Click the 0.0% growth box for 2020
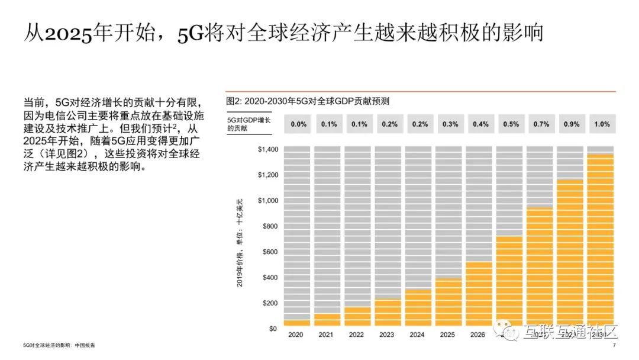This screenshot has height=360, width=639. pyautogui.click(x=298, y=124)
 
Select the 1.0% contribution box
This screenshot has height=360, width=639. pyautogui.click(x=602, y=124)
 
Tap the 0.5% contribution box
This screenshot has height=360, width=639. pyautogui.click(x=511, y=124)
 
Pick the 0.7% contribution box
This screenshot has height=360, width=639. pyautogui.click(x=541, y=124)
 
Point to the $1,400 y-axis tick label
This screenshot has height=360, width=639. pyautogui.click(x=267, y=150)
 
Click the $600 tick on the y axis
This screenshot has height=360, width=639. pyautogui.click(x=269, y=252)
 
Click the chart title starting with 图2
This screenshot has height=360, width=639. pyautogui.click(x=308, y=101)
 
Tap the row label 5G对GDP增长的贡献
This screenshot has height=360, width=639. pyautogui.click(x=248, y=124)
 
